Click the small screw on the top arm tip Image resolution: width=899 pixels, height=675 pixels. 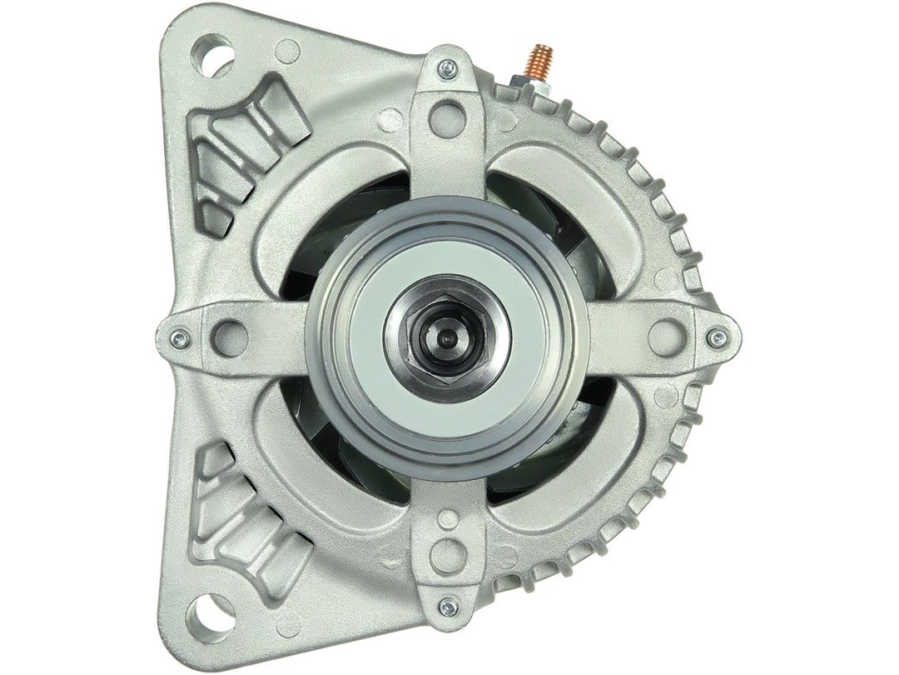click(448, 67)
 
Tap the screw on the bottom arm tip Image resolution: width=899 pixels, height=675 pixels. click(448, 606)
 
